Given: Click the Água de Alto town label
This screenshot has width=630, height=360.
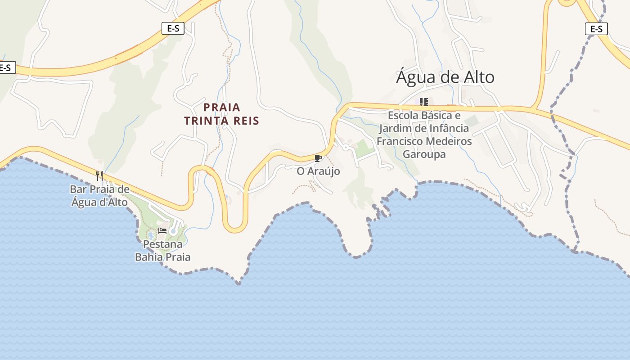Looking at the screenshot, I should coord(445,77).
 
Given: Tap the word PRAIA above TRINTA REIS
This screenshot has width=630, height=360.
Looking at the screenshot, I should coord(222,108).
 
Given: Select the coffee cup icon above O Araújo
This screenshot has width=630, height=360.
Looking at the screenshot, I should coord(318,158).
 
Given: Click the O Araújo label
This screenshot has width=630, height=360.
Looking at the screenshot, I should coord(318,171).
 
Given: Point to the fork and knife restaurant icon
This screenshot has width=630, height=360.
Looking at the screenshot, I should coord(99,175).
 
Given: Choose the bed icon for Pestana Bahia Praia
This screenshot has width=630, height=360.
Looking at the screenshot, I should coord(162,231).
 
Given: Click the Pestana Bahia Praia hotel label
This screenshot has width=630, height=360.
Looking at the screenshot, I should coord(162,251).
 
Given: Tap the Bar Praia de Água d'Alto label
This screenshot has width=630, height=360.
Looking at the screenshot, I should coord(99,196).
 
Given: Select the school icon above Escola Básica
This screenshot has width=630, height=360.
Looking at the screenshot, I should coord(423,102).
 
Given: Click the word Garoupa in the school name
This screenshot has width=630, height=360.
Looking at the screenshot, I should coord(424,154).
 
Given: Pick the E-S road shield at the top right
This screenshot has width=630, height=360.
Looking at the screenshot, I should coord(596,29).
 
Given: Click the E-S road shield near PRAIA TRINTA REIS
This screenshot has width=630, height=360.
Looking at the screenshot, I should coord(173,29).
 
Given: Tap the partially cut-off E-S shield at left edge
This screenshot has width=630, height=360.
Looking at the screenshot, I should coord(6,68).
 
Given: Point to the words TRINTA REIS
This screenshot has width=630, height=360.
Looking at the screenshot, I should coord(222,121).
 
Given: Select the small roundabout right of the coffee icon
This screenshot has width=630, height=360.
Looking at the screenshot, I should coord(346,147).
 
